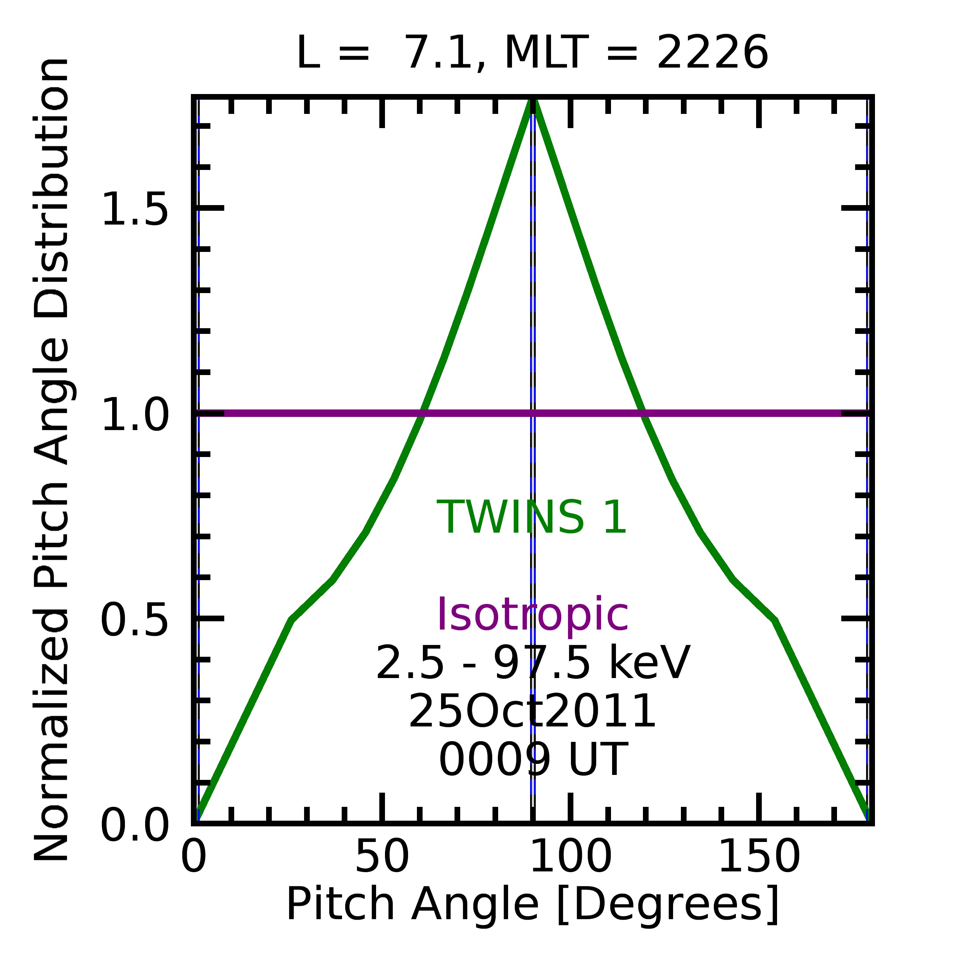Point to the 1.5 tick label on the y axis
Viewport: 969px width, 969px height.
coord(134,208)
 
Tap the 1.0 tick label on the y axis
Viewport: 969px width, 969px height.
coord(134,413)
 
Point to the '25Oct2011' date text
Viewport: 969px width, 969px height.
coord(532,711)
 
